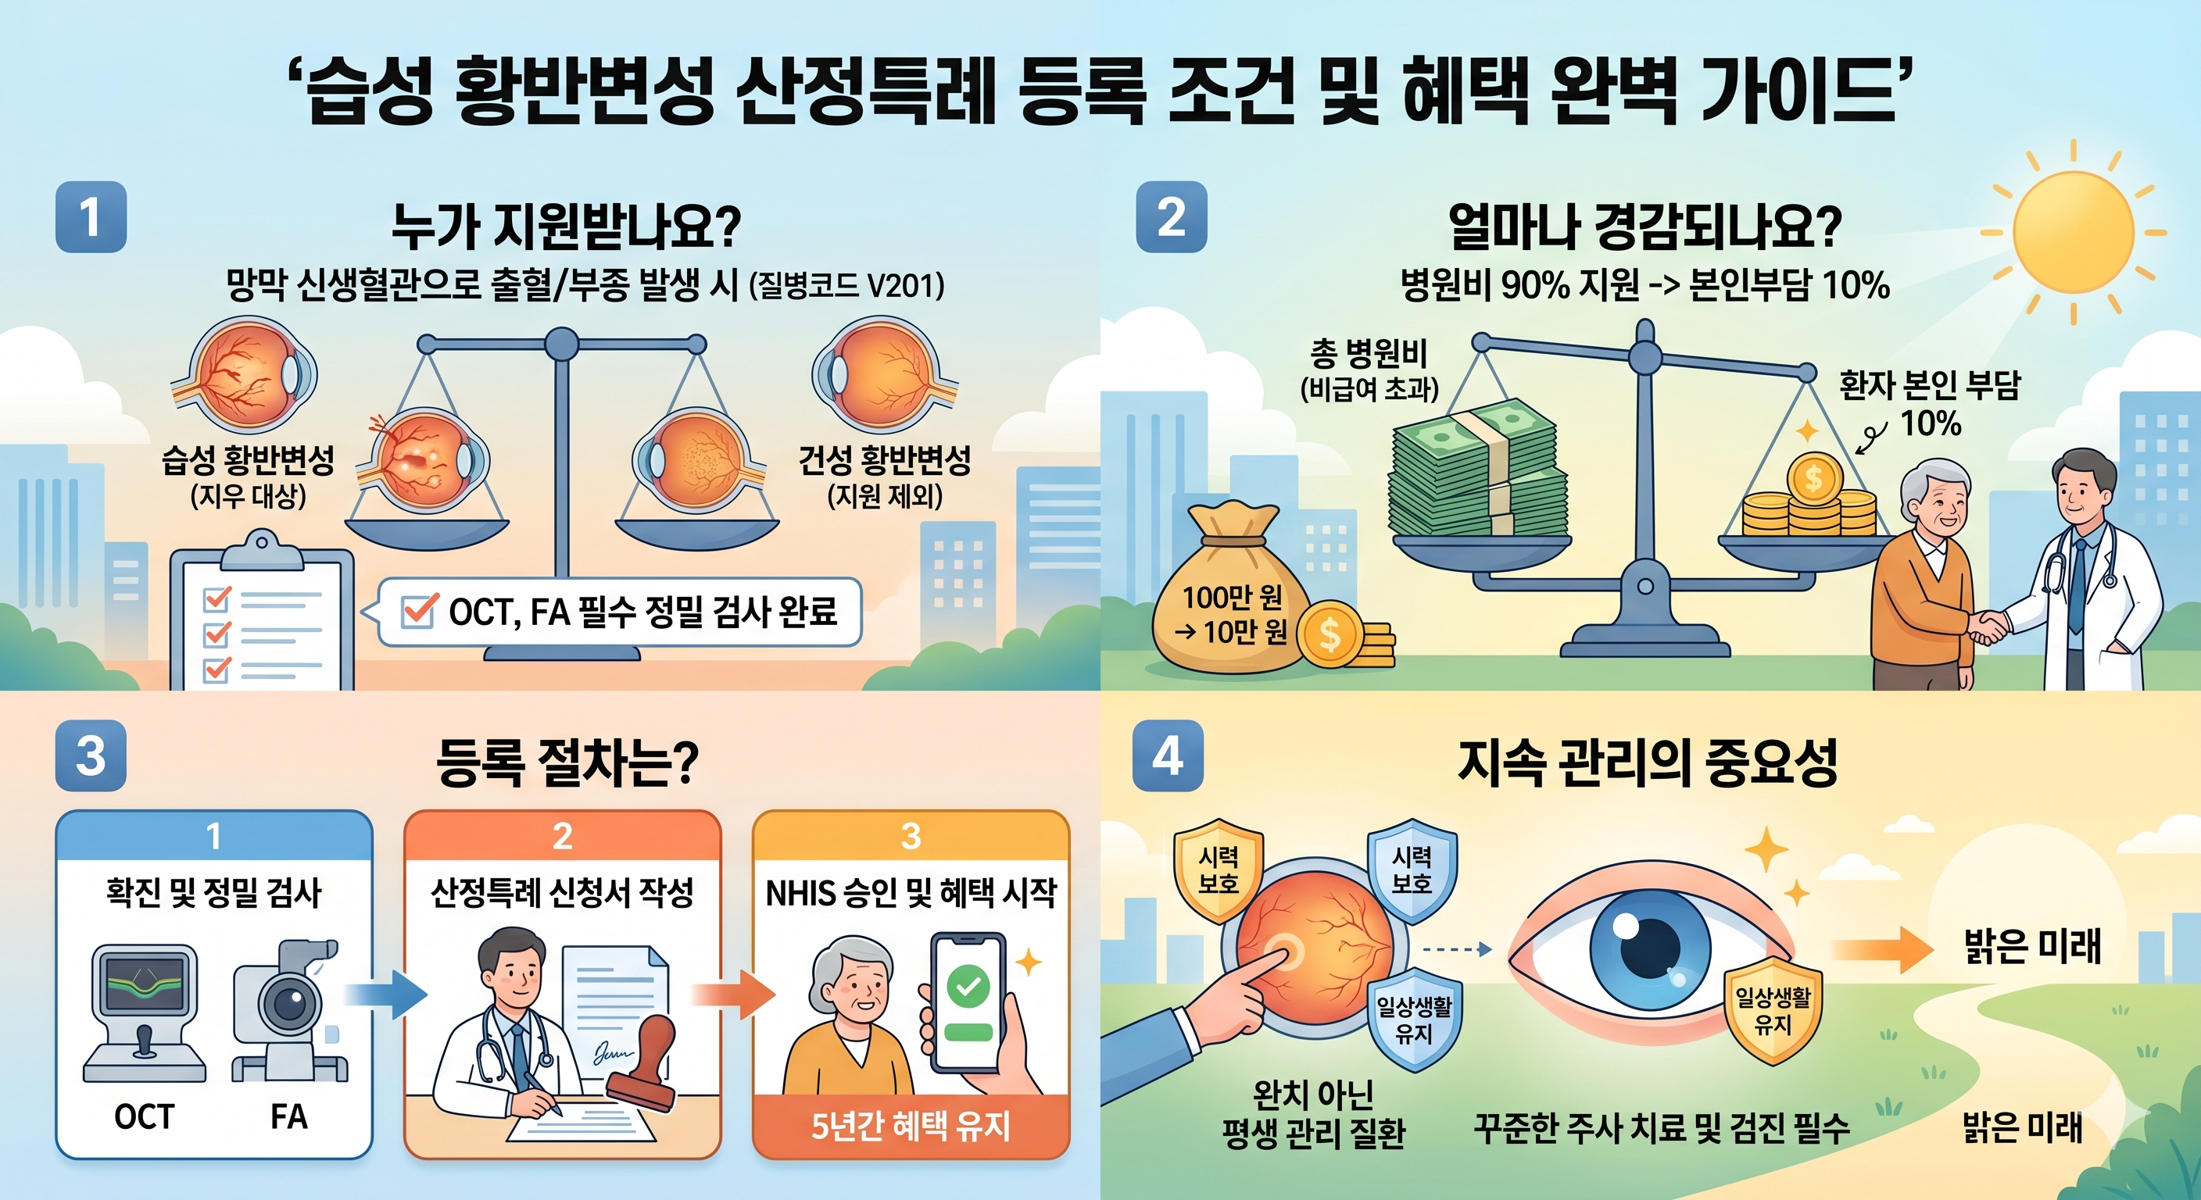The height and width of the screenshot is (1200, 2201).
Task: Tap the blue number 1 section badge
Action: coord(91,217)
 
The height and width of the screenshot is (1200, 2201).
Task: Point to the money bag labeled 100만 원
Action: coord(1230,598)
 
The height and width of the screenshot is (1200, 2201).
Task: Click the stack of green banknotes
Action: coord(1478,470)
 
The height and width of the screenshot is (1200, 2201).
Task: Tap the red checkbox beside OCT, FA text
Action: coord(419,612)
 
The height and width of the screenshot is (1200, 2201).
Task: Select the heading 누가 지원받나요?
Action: coord(566,227)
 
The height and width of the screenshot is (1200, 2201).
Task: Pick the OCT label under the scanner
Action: coord(144,1116)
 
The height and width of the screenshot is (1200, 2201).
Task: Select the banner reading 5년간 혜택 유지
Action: coord(910,1126)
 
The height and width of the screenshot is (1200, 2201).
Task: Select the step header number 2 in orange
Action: coord(562,836)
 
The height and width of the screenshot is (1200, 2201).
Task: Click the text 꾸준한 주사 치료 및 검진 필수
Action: coord(1662,1129)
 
